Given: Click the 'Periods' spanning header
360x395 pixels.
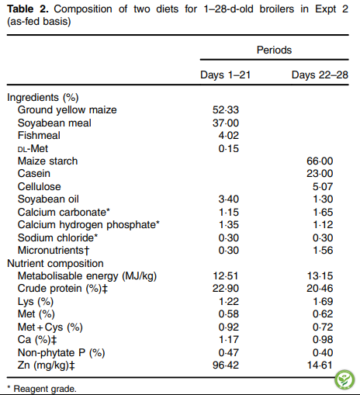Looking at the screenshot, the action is pyautogui.click(x=274, y=50).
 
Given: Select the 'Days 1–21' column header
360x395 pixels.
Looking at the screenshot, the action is pyautogui.click(x=226, y=75).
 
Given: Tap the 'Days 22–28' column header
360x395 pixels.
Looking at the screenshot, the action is pyautogui.click(x=320, y=75).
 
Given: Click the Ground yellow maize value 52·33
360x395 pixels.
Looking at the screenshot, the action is pyautogui.click(x=226, y=110).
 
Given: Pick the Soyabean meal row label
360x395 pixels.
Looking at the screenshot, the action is pyautogui.click(x=54, y=123).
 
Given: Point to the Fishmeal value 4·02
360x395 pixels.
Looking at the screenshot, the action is pyautogui.click(x=229, y=136).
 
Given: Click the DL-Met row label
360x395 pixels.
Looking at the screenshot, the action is pyautogui.click(x=33, y=148).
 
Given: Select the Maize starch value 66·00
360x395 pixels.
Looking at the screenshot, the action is pyautogui.click(x=320, y=161).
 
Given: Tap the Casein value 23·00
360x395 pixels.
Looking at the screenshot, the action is pyautogui.click(x=320, y=174).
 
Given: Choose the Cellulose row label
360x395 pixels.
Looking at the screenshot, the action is pyautogui.click(x=40, y=186).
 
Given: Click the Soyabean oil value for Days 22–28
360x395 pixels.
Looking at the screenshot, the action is pyautogui.click(x=323, y=199).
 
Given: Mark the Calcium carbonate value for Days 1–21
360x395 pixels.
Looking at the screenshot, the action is pyautogui.click(x=229, y=213).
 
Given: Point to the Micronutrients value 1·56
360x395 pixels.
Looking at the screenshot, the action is pyautogui.click(x=323, y=251).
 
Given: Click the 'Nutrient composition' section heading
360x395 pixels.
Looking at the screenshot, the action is pyautogui.click(x=55, y=263).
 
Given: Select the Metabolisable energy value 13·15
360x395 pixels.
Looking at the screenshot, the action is pyautogui.click(x=320, y=276).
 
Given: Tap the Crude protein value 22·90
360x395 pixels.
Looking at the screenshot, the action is pyautogui.click(x=226, y=289).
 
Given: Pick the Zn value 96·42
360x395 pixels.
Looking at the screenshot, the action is pyautogui.click(x=226, y=366).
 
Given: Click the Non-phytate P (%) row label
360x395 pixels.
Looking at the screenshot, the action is pyautogui.click(x=61, y=352).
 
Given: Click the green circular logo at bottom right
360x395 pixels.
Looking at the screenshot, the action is pyautogui.click(x=344, y=380).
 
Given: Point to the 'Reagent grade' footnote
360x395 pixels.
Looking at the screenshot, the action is pyautogui.click(x=42, y=389).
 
